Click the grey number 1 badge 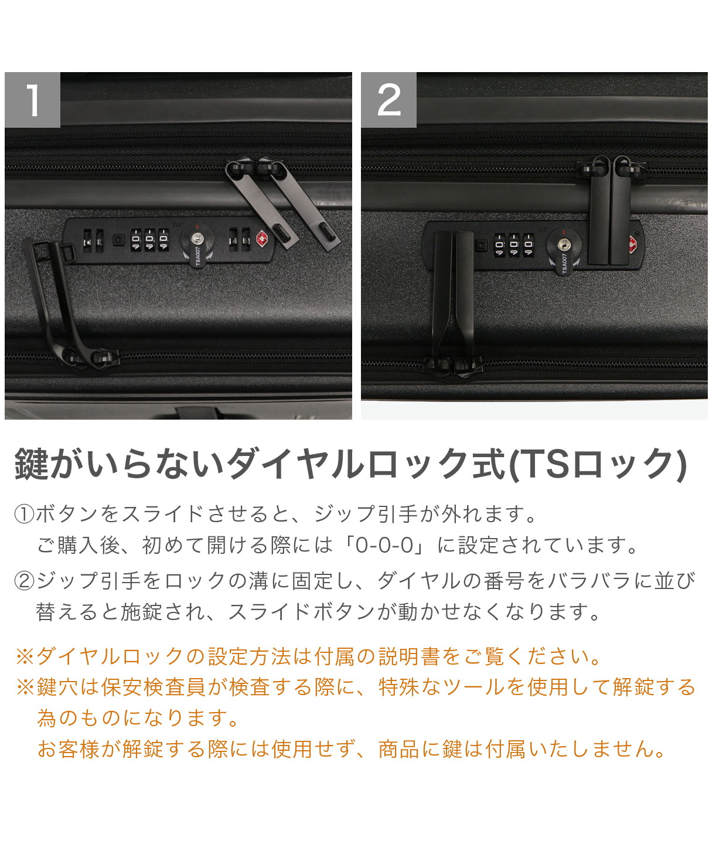(x=33, y=100)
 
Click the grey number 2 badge (x=388, y=100)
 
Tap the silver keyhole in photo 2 (x=564, y=244)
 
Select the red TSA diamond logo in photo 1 (x=261, y=239)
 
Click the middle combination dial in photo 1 (x=149, y=240)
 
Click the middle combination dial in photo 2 (x=513, y=246)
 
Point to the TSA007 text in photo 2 (x=565, y=264)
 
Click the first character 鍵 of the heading (x=32, y=464)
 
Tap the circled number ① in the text (x=25, y=515)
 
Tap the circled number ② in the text (x=25, y=581)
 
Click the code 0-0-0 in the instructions (x=384, y=546)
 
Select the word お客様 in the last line (x=69, y=749)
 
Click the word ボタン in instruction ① (x=67, y=515)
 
